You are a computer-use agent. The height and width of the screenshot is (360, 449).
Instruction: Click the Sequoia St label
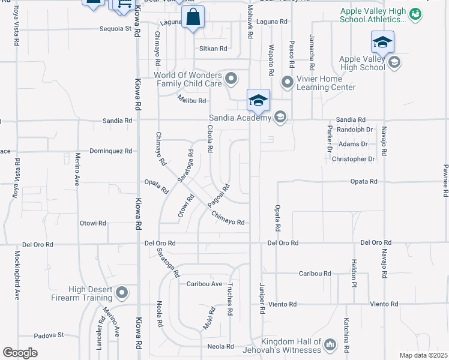pos(115,28)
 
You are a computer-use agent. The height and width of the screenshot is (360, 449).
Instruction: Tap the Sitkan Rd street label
pos(214,49)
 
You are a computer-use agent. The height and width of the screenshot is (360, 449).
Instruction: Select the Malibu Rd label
pos(191,101)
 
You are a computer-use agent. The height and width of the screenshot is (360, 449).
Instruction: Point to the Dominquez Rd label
pos(110,151)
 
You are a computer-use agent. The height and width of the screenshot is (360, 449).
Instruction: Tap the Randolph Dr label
pos(355,129)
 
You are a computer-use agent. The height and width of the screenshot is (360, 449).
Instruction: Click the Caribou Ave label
pos(204,284)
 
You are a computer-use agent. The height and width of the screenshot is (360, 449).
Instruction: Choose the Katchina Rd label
pos(346,334)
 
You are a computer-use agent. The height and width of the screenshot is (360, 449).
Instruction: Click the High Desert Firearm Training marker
pos(122,293)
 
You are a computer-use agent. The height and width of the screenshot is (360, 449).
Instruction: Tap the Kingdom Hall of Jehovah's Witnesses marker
pos(330,344)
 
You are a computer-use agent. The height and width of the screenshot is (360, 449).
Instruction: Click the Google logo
pos(20,353)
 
